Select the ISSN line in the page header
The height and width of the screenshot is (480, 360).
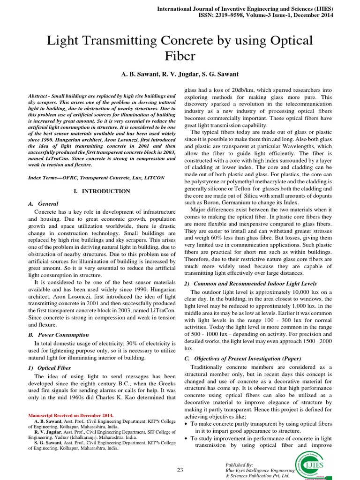pyautogui.click(x=266, y=15)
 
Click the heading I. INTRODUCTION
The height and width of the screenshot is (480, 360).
pyautogui.click(x=102, y=191)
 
